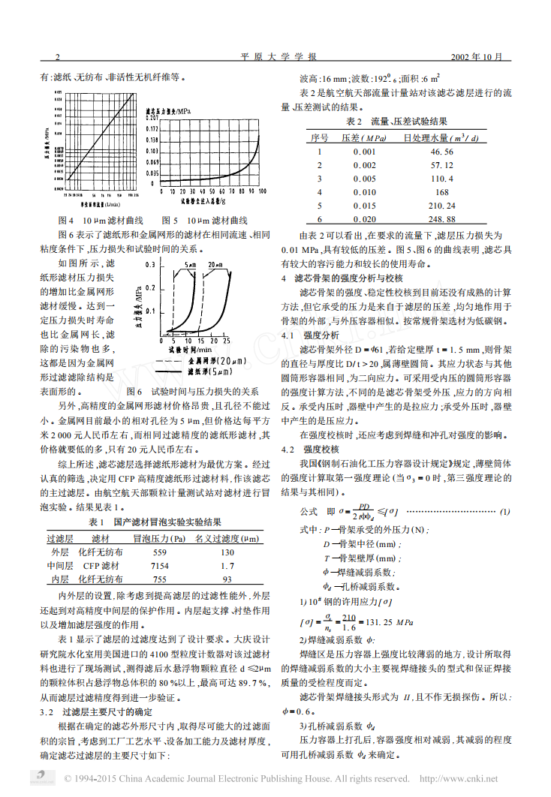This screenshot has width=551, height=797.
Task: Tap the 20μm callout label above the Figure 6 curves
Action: (x=215, y=265)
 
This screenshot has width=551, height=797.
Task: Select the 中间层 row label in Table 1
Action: (x=60, y=565)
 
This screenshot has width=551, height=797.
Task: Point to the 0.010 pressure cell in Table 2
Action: (x=364, y=192)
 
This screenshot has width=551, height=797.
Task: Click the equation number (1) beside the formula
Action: (x=505, y=511)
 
